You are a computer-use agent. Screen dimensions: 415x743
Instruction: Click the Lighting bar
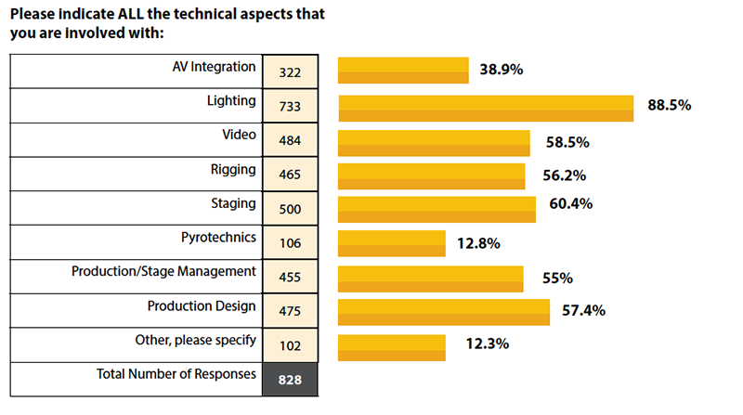pos(486,108)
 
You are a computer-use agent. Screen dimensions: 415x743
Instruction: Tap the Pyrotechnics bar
pos(392,244)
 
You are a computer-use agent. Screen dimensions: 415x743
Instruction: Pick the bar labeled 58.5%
pos(434,143)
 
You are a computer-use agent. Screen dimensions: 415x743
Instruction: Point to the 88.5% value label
pos(669,106)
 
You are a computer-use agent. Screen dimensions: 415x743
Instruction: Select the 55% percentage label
pos(557,278)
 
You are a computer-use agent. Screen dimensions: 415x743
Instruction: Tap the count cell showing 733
pos(290,107)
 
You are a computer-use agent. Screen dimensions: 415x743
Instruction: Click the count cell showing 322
pos(290,72)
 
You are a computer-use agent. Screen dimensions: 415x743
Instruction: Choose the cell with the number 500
pos(290,210)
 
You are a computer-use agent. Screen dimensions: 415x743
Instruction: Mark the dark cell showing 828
pos(290,379)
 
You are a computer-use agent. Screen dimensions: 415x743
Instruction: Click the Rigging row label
pos(233,169)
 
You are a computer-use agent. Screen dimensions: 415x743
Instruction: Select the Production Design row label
pos(202,305)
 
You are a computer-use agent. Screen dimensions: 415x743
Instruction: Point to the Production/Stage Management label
pos(163,271)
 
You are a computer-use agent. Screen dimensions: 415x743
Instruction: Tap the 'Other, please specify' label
pos(195,339)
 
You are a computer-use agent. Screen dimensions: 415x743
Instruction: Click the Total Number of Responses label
pos(176,374)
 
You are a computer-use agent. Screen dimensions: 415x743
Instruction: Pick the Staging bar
pos(437,210)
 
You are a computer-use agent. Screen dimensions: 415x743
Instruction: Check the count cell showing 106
pos(290,244)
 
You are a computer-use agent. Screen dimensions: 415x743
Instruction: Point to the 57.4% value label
pos(583,310)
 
